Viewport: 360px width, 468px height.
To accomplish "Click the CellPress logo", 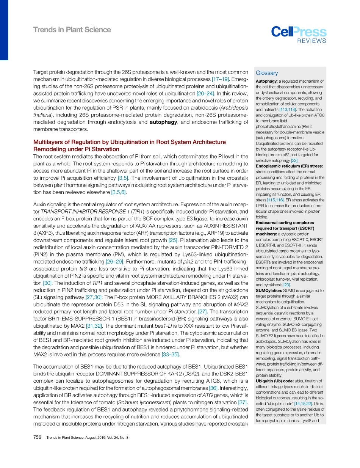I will click(298, 32).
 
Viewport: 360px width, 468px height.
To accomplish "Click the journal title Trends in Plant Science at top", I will click(72, 30).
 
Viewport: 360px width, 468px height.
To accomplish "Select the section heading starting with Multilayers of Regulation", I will click(130, 146).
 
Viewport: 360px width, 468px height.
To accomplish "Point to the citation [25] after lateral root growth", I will click(173, 240).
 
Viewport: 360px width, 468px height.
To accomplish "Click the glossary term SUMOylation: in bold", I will click(269, 291).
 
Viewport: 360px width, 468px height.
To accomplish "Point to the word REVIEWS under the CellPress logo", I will click(311, 41).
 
